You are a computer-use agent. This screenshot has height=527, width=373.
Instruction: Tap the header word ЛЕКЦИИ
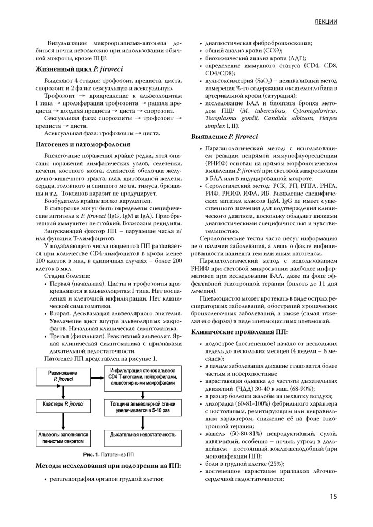point(325,22)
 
